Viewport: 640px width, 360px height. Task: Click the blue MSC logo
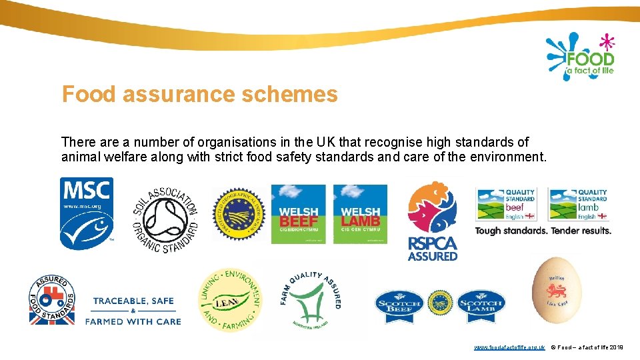click(87, 213)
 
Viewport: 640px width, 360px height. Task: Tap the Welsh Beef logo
click(298, 214)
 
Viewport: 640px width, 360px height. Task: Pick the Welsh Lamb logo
click(360, 214)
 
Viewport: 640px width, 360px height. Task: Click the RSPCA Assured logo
click(433, 220)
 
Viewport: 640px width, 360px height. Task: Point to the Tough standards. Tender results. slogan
click(543, 231)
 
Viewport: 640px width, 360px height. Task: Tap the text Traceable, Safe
click(133, 301)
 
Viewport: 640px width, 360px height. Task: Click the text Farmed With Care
click(133, 321)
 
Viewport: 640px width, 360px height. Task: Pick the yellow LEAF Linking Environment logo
click(231, 300)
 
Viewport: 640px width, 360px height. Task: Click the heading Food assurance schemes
click(200, 95)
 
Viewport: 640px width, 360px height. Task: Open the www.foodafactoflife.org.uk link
click(509, 348)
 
